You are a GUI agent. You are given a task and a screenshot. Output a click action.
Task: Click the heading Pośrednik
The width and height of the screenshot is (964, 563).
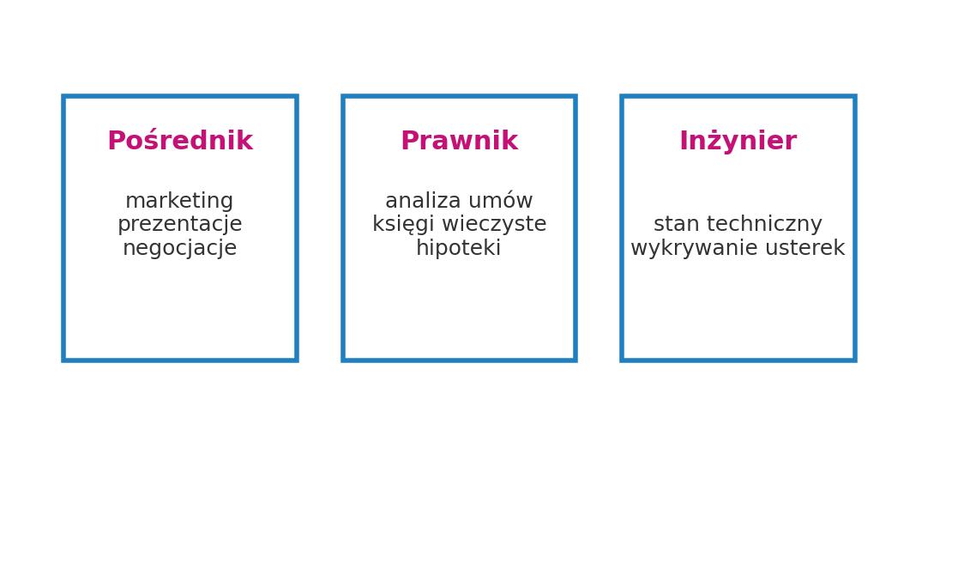coord(180,142)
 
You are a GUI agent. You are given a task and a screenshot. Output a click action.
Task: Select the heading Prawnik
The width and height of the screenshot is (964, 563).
coord(459,142)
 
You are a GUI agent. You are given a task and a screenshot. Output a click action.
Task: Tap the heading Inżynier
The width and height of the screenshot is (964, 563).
coord(738,142)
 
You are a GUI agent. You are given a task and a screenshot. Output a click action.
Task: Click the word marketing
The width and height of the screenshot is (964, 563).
coord(179,202)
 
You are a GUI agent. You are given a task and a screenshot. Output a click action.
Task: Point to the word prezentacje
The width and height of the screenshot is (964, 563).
coord(179,225)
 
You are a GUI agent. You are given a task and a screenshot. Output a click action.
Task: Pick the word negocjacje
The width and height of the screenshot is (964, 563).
coord(179,249)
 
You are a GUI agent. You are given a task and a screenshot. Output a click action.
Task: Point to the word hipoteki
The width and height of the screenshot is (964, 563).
coord(459,249)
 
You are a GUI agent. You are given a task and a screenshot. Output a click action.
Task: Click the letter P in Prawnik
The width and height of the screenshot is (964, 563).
coord(409,142)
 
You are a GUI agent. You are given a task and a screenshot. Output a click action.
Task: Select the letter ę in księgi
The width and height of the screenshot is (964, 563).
coord(411,226)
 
